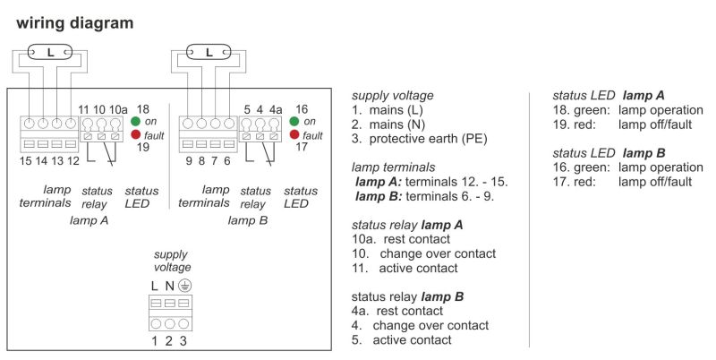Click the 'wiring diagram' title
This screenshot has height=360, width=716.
(x=75, y=23)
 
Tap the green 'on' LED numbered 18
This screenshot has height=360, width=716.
(x=136, y=122)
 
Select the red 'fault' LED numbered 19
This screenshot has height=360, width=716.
(x=136, y=134)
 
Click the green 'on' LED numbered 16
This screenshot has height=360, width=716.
(x=294, y=122)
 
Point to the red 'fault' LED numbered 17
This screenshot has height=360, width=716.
(x=294, y=134)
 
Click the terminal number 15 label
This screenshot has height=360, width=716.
(x=26, y=161)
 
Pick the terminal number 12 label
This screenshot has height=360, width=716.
(x=72, y=161)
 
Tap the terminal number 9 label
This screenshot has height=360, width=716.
(x=189, y=161)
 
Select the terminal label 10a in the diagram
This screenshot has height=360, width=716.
(x=118, y=109)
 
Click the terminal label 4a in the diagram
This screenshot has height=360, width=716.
(x=276, y=109)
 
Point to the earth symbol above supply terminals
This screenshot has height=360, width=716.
(x=184, y=286)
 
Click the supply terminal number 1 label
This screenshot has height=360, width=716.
(x=154, y=341)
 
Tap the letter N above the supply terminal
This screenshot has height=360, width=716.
(x=169, y=287)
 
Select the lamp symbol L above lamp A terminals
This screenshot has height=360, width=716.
(x=50, y=53)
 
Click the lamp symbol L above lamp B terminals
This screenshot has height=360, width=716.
(x=209, y=53)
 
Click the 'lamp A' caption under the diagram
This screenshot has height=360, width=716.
(x=89, y=220)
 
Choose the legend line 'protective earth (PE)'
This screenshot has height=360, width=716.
(x=419, y=139)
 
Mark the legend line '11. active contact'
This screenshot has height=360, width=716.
(x=405, y=268)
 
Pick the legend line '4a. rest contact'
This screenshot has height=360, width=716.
(x=397, y=311)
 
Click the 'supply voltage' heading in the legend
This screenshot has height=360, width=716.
(x=393, y=97)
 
